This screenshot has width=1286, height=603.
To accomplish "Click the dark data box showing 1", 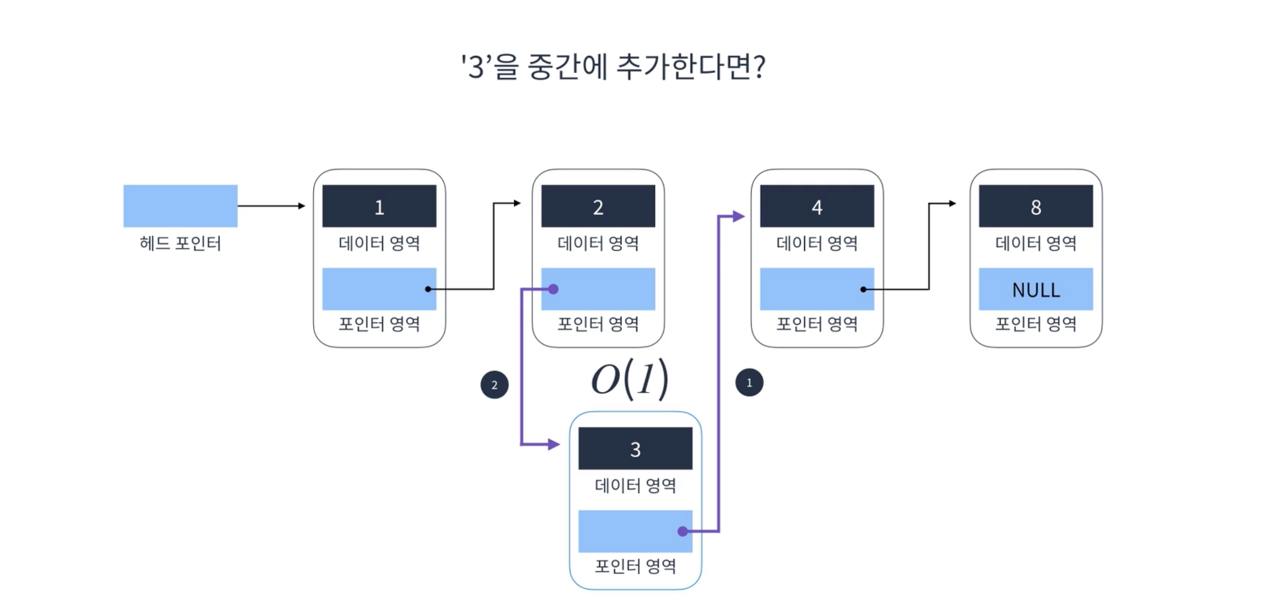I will (x=379, y=206).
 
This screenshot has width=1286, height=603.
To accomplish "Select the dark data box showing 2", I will (x=598, y=206).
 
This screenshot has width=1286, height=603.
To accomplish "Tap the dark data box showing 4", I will (x=817, y=206).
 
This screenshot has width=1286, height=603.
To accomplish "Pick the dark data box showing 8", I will (x=1035, y=206).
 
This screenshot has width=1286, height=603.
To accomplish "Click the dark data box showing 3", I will (x=635, y=448).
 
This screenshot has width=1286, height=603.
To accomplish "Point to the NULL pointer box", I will (x=1035, y=289).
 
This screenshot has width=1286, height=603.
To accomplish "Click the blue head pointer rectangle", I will (x=180, y=206).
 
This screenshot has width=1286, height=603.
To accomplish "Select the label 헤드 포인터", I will (x=180, y=243).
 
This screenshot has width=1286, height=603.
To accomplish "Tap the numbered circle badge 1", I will (x=749, y=383).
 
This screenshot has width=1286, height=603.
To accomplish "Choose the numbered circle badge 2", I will (x=494, y=384).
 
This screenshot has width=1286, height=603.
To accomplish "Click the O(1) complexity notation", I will (x=629, y=379).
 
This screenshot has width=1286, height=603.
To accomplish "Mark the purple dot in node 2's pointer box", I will (x=553, y=289).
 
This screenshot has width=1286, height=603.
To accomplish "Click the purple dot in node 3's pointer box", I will (x=682, y=531).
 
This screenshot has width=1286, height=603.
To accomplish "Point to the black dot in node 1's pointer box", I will (x=428, y=289).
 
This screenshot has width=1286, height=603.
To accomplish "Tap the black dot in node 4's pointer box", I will (x=863, y=289).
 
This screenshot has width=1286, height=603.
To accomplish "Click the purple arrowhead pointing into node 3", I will (x=554, y=444).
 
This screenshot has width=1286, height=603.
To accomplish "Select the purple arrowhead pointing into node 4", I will (x=739, y=217).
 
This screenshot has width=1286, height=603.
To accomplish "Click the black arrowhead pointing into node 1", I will (x=301, y=205).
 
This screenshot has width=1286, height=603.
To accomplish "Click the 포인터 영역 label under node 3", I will (x=635, y=566).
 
